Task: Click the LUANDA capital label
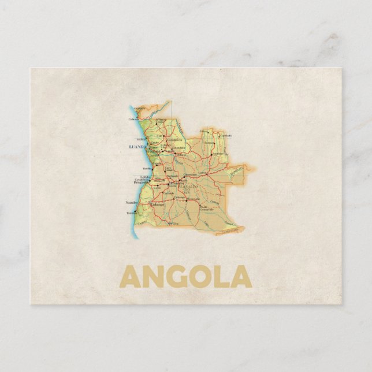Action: coord(139,147)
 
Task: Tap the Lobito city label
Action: coord(146,177)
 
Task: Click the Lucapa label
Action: coord(218,142)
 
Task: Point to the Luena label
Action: coord(202,173)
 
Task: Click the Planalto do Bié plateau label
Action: coord(188,188)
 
